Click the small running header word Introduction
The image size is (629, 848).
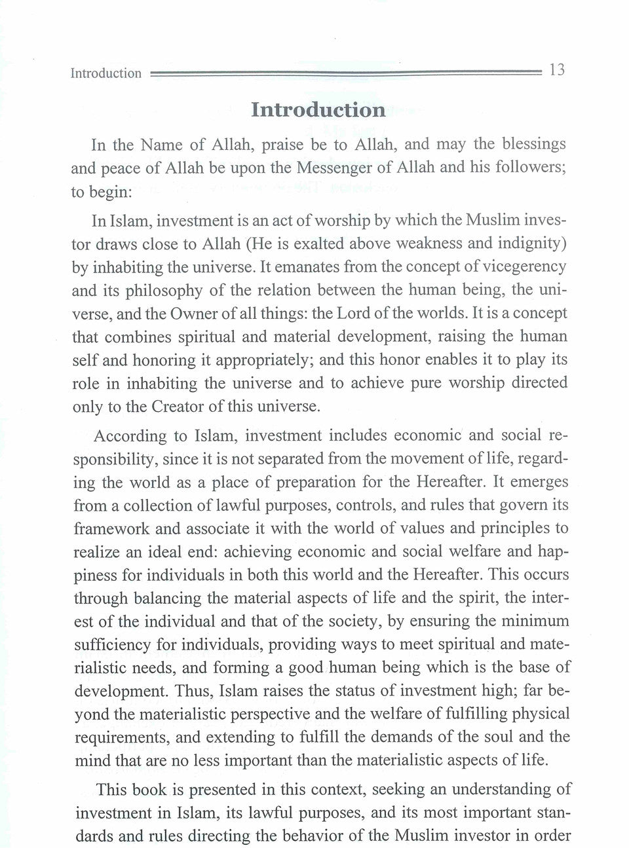pos(106,73)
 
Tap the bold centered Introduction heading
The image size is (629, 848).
pos(318,109)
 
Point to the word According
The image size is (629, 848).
pos(130,435)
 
